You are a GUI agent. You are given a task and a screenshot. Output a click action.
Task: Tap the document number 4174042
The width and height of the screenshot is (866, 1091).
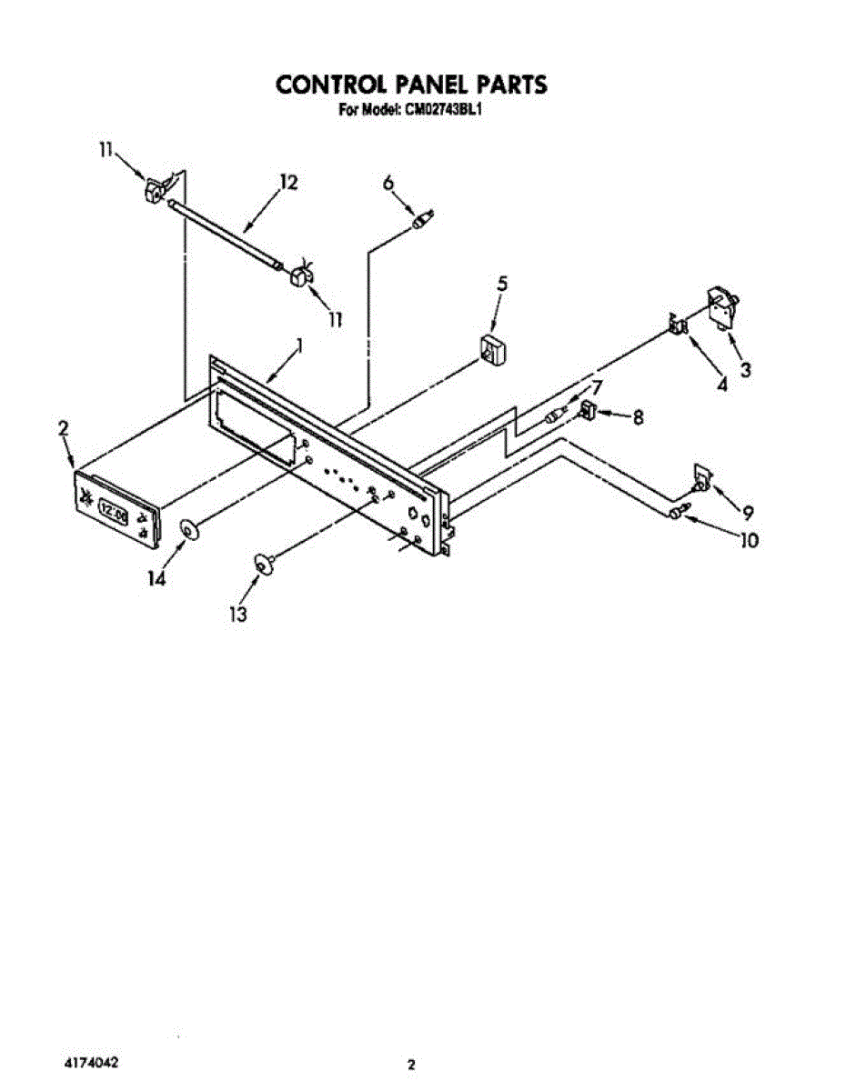click(90, 1062)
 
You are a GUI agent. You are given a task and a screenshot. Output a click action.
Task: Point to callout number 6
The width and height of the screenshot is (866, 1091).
click(388, 183)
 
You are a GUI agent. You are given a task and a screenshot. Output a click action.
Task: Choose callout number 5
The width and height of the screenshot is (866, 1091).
click(501, 284)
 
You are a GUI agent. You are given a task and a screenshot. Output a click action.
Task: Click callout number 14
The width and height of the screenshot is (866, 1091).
click(157, 577)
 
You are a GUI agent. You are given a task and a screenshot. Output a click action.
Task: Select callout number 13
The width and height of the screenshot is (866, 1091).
click(237, 615)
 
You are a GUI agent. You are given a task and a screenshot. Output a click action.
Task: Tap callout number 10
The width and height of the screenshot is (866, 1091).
click(748, 540)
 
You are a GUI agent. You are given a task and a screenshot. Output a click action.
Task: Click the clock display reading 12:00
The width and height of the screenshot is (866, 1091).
click(114, 511)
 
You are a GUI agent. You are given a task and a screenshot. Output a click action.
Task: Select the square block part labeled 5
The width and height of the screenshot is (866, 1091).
click(492, 350)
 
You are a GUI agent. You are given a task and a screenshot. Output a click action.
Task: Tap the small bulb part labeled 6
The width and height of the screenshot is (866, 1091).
click(423, 220)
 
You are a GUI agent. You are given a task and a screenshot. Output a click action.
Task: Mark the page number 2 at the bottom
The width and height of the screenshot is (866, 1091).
click(411, 1064)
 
